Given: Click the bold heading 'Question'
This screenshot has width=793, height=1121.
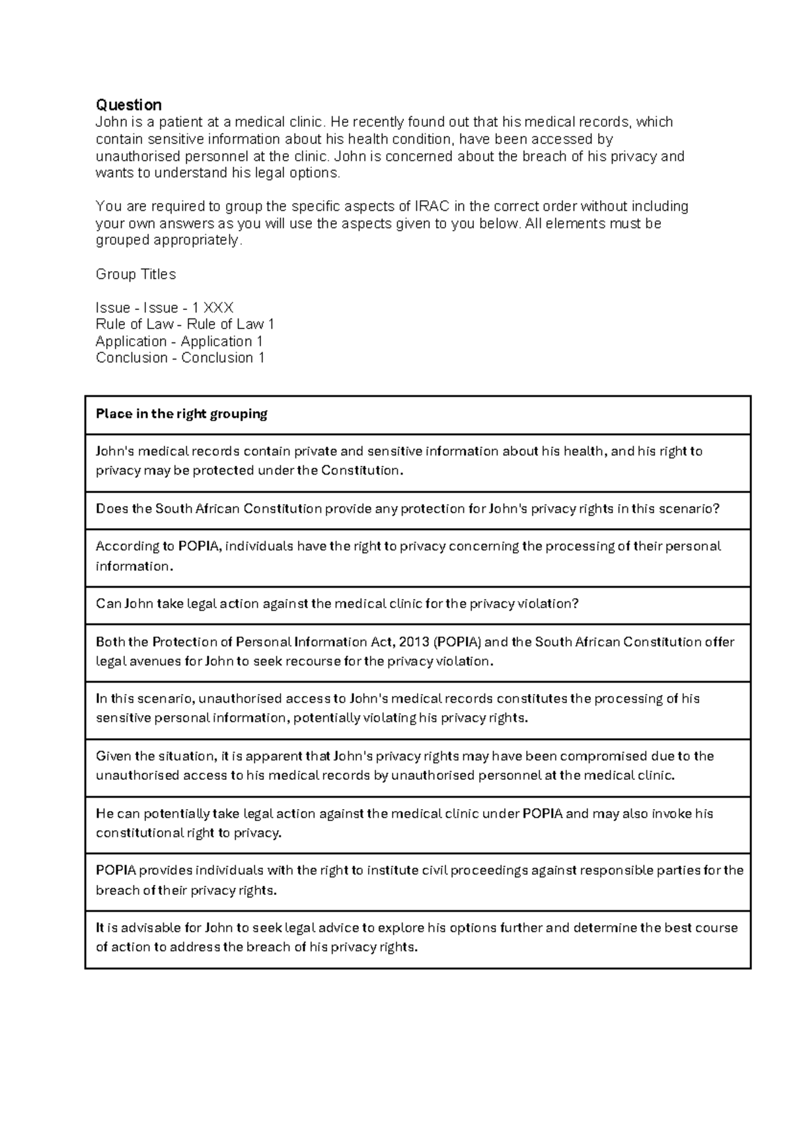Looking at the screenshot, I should click(128, 105).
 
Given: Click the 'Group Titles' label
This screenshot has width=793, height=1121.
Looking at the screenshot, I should click(135, 274).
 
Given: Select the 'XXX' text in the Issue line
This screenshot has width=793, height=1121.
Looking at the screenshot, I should click(218, 308).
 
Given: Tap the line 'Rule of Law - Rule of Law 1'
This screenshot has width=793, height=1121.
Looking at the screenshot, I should click(184, 325).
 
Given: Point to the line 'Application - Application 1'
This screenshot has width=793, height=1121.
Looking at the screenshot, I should click(179, 342).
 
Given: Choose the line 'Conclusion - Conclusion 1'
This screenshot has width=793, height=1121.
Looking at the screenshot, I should click(180, 358).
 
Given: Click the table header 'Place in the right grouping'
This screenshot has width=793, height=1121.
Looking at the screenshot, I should click(181, 414).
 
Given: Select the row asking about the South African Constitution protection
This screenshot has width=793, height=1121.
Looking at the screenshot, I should click(407, 509).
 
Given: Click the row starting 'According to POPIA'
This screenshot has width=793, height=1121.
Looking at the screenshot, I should click(407, 556).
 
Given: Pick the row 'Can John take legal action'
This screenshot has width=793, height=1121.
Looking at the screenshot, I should click(336, 604).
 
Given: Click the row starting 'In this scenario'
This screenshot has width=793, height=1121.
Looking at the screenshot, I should click(397, 709).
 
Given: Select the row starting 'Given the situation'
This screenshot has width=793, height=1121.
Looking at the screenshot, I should click(404, 766).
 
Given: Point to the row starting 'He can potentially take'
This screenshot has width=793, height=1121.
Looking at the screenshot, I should click(404, 824).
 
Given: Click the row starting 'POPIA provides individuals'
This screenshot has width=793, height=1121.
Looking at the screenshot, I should click(419, 880).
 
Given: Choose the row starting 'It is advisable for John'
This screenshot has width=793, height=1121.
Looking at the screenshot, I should click(416, 937).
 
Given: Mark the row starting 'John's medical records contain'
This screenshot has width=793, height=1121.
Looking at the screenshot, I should click(398, 461).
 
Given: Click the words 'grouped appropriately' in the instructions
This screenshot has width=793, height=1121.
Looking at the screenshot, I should click(169, 241).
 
